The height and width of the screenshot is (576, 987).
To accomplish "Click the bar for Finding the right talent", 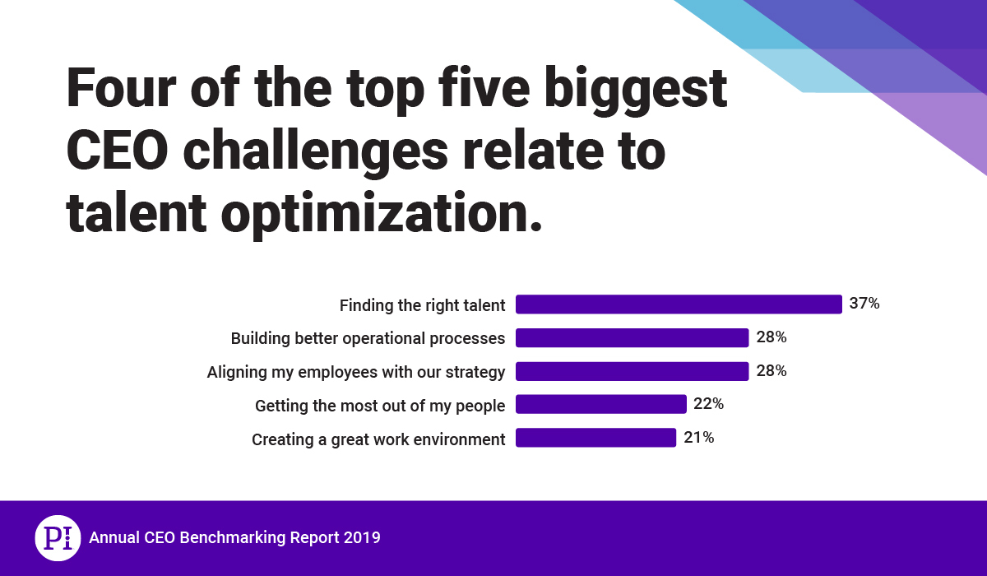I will point(679,304).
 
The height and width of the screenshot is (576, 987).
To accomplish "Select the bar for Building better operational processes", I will point(632,338).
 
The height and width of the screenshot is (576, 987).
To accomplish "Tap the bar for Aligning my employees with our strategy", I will point(632,371).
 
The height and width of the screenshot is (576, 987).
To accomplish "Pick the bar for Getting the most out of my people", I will point(600,405).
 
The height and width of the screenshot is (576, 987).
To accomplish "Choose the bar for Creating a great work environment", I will point(595,438).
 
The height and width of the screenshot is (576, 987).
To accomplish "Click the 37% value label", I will point(864,304).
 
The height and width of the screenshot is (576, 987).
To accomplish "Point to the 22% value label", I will point(708,404).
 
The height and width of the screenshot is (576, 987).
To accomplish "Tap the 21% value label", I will point(698,438).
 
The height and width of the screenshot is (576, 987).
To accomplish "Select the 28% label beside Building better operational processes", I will point(771,337).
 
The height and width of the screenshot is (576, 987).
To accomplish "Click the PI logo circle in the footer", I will point(58,538).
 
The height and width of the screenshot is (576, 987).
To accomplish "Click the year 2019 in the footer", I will point(363,538).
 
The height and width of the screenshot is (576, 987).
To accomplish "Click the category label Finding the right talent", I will point(422,305).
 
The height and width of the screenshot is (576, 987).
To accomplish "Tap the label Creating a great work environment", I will point(378,439).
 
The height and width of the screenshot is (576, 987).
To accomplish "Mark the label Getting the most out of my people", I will point(379,406).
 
